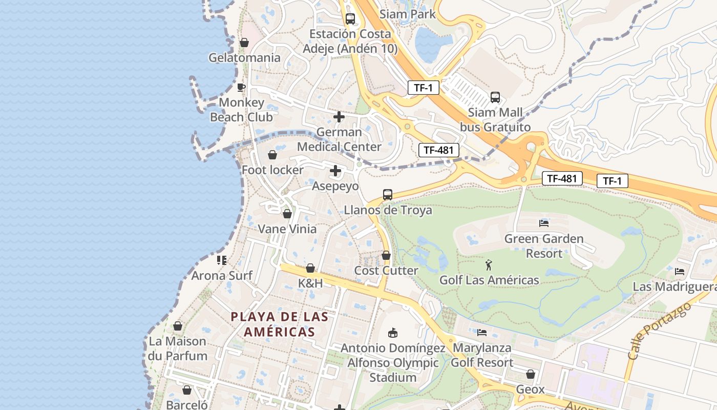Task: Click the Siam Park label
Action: point(407,14)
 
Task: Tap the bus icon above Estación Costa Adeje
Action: point(350,19)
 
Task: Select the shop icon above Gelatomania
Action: point(244,43)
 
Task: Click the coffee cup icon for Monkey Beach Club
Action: point(241,87)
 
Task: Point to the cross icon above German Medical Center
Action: point(339,117)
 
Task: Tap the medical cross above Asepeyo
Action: point(335,171)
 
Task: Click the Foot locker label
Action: point(272,170)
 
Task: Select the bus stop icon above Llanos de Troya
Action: point(388,195)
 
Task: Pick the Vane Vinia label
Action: point(287,229)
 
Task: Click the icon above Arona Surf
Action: point(222,260)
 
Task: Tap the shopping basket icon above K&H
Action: point(310,268)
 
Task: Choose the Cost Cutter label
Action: point(386,270)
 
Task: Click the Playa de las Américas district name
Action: point(279,324)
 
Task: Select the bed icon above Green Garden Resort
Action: point(544,223)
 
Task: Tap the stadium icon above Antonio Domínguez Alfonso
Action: point(393,333)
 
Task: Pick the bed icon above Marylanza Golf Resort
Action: point(482,332)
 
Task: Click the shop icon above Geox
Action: point(531,375)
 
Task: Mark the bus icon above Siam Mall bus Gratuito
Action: point(495,97)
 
